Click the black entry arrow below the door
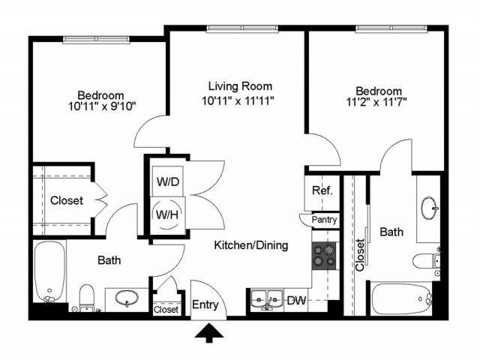(x=209, y=331)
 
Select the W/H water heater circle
(x=166, y=214)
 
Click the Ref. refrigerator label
(x=322, y=190)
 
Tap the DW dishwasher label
(x=296, y=301)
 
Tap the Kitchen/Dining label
(x=250, y=245)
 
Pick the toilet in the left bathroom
(x=86, y=295)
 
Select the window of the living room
(x=235, y=29)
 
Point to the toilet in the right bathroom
(x=424, y=260)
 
